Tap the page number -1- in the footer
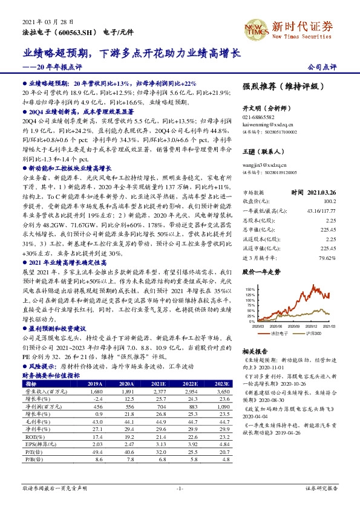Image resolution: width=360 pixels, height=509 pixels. pyautogui.click(x=180, y=487)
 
